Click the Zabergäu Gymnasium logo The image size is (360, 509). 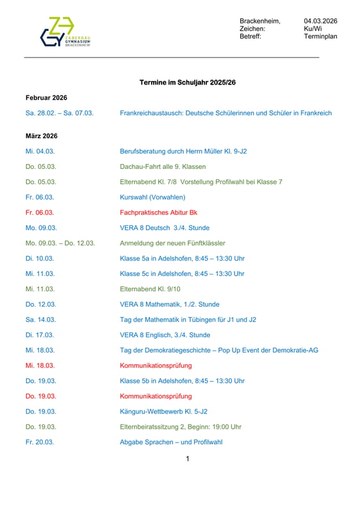[65, 32]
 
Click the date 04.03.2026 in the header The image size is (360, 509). [320, 21]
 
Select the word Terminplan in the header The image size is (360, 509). [320, 36]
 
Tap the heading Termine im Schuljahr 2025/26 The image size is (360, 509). [187, 83]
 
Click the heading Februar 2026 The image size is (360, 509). [46, 97]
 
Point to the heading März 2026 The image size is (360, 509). [42, 136]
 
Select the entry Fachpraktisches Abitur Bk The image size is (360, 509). [158, 213]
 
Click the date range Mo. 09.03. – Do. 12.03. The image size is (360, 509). [60, 243]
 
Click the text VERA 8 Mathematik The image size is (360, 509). [151, 304]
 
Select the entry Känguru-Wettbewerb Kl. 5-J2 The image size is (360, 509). [163, 412]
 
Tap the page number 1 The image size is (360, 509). [187, 458]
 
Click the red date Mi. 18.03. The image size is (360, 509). [40, 366]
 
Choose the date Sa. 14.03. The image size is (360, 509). [40, 319]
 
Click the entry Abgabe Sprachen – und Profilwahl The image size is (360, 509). [171, 442]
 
